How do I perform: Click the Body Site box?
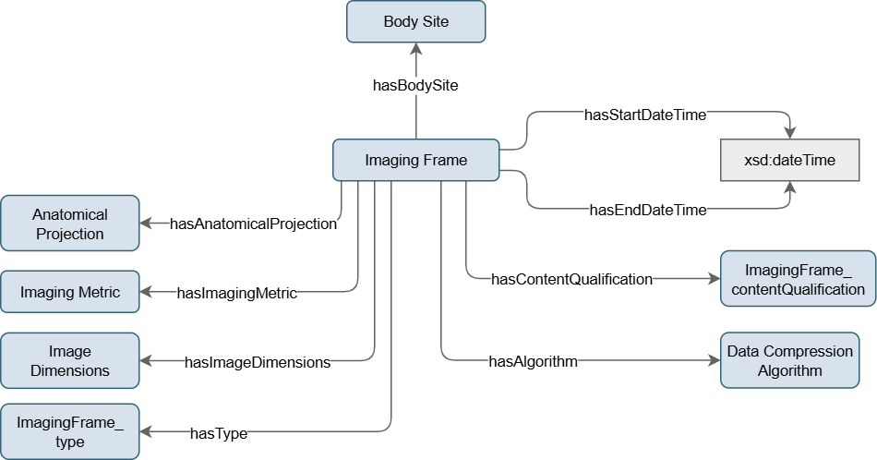click(415, 21)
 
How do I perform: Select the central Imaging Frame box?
click(415, 160)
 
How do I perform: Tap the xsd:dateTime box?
click(789, 160)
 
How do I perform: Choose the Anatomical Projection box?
click(69, 224)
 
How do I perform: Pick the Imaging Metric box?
click(70, 293)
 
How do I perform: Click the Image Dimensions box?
click(69, 361)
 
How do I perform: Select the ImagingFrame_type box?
click(69, 431)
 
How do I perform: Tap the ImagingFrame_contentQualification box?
click(798, 278)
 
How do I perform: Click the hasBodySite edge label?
click(415, 85)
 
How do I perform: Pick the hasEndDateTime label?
click(647, 210)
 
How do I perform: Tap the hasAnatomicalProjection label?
click(253, 224)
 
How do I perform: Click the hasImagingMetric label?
click(236, 293)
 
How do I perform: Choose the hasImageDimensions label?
click(258, 362)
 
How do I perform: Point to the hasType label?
click(218, 431)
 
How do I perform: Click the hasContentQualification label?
click(571, 278)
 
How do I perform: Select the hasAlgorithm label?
click(533, 361)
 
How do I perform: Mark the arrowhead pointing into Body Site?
click(415, 49)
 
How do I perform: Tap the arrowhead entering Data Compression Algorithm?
click(713, 361)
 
